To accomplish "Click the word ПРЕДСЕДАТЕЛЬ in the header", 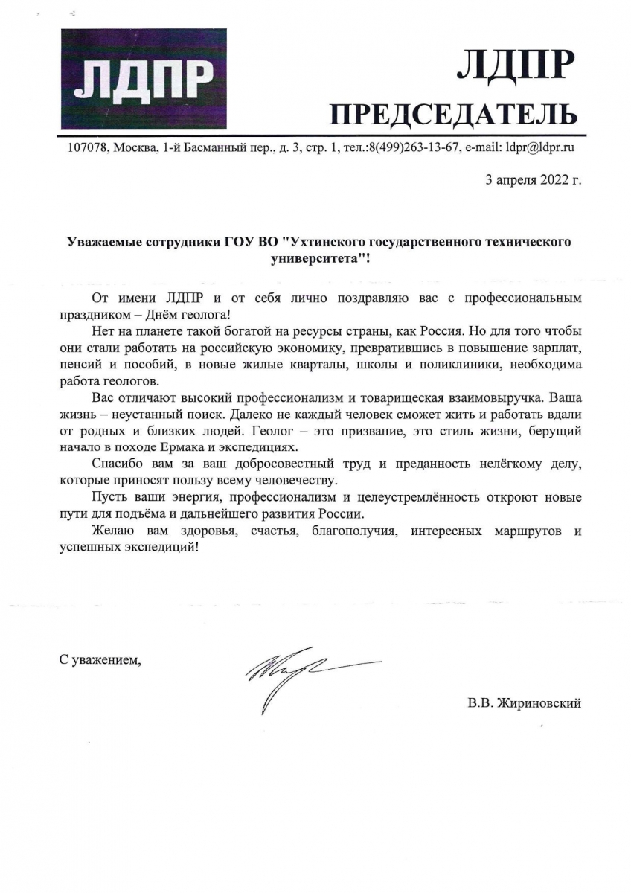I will click(x=452, y=114).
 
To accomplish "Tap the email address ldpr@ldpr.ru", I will click(x=540, y=147).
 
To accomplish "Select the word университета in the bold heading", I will click(x=310, y=260).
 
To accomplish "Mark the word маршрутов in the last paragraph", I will click(x=517, y=530).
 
